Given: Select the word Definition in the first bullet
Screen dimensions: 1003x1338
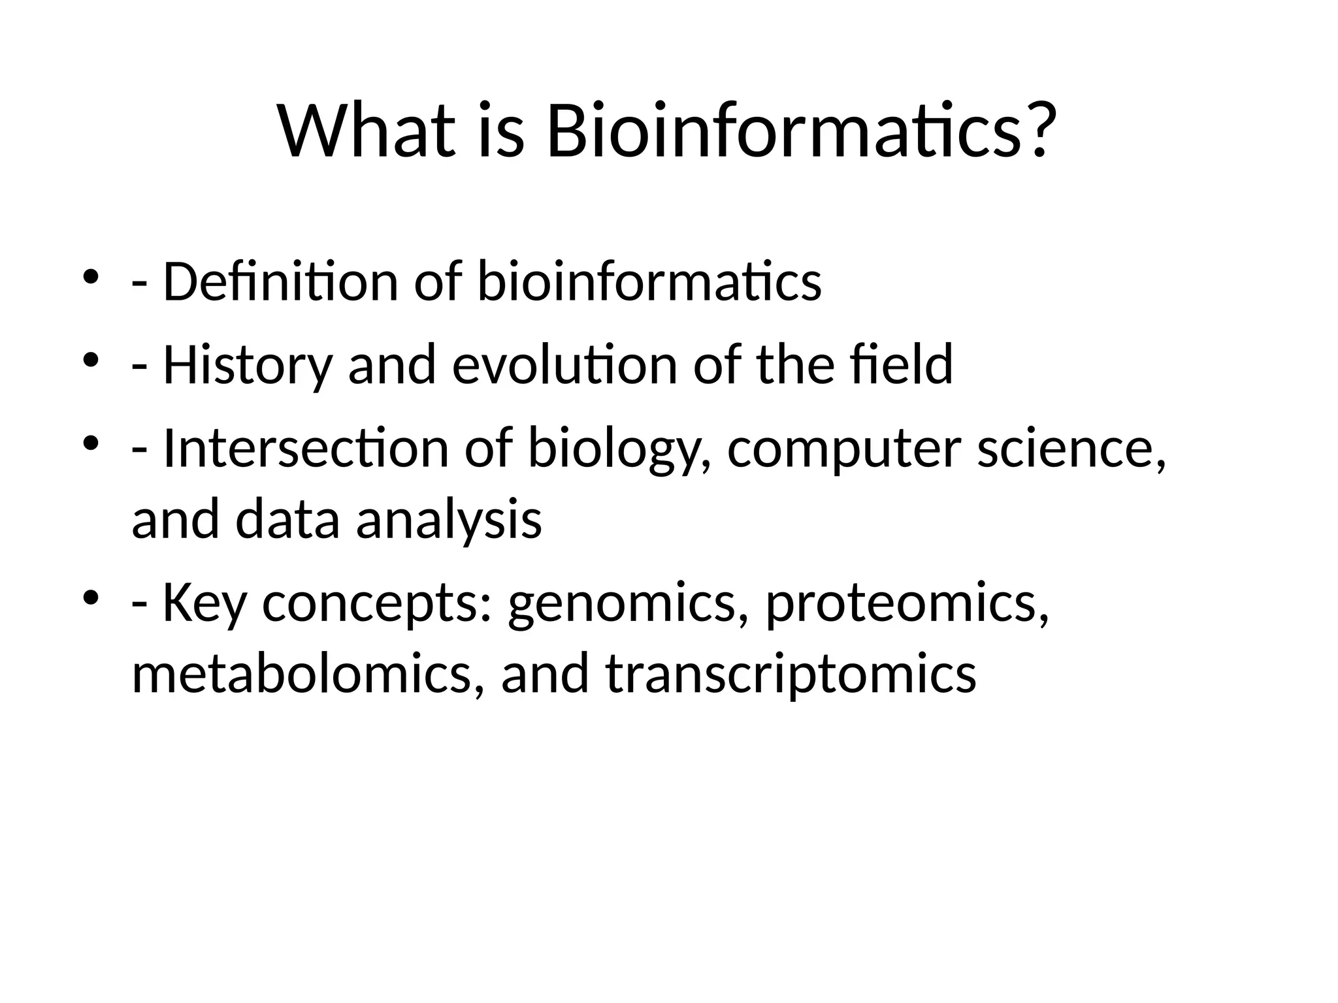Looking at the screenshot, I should click(280, 282).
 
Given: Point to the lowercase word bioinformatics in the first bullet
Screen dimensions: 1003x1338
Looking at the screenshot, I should click(649, 282).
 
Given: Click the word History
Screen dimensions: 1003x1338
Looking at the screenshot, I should click(248, 366).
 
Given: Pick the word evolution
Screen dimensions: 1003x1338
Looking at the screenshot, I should click(564, 366).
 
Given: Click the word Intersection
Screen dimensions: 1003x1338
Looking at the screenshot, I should click(306, 449).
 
